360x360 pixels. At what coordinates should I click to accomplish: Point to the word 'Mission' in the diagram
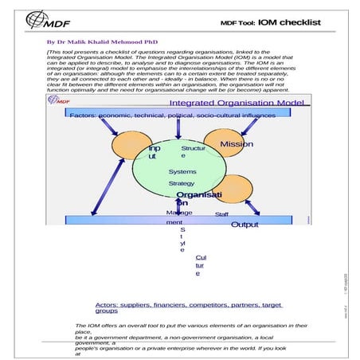(237, 144)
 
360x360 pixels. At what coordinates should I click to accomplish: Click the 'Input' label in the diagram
(154, 153)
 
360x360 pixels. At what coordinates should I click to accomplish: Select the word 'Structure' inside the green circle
(193, 151)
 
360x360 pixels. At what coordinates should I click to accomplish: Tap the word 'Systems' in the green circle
(182, 172)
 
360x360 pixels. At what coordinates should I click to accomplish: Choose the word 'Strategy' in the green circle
(181, 183)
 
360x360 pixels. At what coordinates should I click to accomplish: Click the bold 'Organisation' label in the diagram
(198, 198)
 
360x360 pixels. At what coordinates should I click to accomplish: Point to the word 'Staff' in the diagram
(222, 213)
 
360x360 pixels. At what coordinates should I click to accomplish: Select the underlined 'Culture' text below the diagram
(199, 265)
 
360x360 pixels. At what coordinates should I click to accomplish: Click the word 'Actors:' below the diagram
(108, 305)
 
